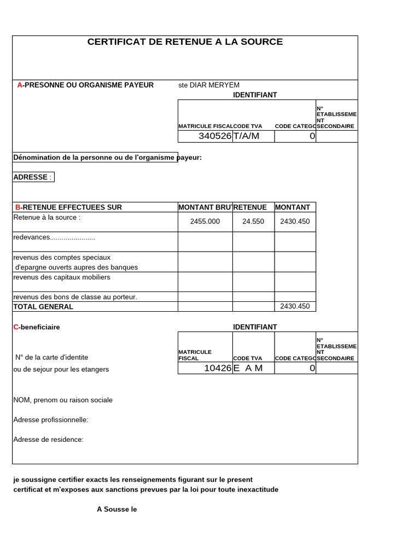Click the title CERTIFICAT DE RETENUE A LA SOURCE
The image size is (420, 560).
pyautogui.click(x=185, y=42)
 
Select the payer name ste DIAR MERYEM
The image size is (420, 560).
pyautogui.click(x=209, y=85)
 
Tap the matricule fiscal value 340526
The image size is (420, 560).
pyautogui.click(x=215, y=136)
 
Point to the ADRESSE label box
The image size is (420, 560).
pyautogui.click(x=33, y=177)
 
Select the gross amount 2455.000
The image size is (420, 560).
pyautogui.click(x=205, y=221)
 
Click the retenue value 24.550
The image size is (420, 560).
pyautogui.click(x=253, y=221)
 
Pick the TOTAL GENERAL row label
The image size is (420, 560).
pyautogui.click(x=43, y=307)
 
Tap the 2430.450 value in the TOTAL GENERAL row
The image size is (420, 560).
pyautogui.click(x=295, y=306)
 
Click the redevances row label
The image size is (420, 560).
pyautogui.click(x=54, y=237)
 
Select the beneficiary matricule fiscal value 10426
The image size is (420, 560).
pyautogui.click(x=218, y=368)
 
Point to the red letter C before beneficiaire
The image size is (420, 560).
pyautogui.click(x=16, y=327)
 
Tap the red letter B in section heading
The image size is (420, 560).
pyautogui.click(x=17, y=207)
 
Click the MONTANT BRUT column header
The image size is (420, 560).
pyautogui.click(x=205, y=207)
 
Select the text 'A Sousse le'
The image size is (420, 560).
pyautogui.click(x=116, y=509)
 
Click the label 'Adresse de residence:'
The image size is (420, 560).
pyautogui.click(x=48, y=439)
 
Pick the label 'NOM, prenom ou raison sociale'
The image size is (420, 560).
pyautogui.click(x=63, y=400)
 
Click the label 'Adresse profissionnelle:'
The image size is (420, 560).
pyautogui.click(x=50, y=419)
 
